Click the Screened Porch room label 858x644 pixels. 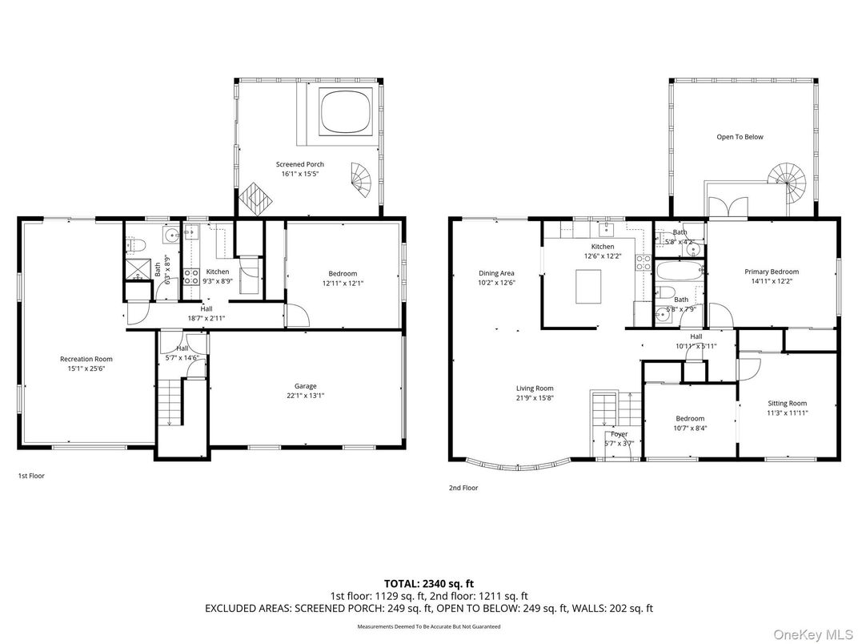300,164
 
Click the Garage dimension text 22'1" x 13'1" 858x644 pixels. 305,395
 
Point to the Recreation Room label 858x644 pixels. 86,359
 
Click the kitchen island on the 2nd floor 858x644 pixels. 590,286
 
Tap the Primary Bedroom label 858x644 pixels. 772,272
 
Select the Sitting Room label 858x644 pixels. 787,404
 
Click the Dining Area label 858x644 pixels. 496,273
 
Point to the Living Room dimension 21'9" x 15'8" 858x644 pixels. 535,398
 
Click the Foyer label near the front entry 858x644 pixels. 619,434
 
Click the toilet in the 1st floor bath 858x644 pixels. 136,244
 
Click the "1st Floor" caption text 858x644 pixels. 31,476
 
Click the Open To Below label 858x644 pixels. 740,137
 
